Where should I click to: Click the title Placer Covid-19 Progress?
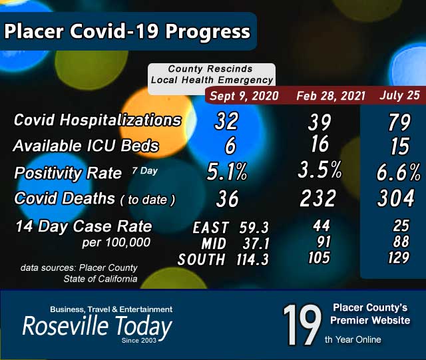[x=127, y=31]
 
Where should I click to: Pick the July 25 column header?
[x=399, y=94]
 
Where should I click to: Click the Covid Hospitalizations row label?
[x=97, y=120]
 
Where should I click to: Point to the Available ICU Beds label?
[x=87, y=146]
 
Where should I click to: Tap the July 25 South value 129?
[x=399, y=258]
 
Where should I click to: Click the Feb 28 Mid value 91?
[x=320, y=242]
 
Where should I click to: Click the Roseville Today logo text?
[x=97, y=327]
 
